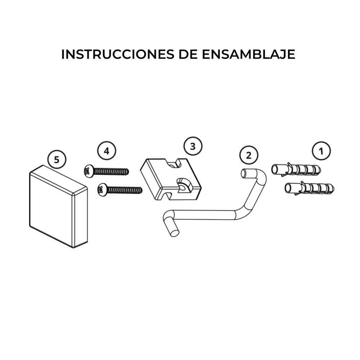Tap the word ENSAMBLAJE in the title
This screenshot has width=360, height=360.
248,54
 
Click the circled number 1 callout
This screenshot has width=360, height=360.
321,151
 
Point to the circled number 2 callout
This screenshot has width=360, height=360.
249,156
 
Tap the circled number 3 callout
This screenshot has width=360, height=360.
193,146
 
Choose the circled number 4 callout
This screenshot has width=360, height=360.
107,151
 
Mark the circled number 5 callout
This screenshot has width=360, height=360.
57,159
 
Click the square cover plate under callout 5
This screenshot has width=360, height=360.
59,206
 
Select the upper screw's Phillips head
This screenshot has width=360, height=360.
88,171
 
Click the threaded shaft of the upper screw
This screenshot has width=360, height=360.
111,171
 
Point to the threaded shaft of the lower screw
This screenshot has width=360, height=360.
125,190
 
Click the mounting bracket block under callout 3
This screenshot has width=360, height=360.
171,179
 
